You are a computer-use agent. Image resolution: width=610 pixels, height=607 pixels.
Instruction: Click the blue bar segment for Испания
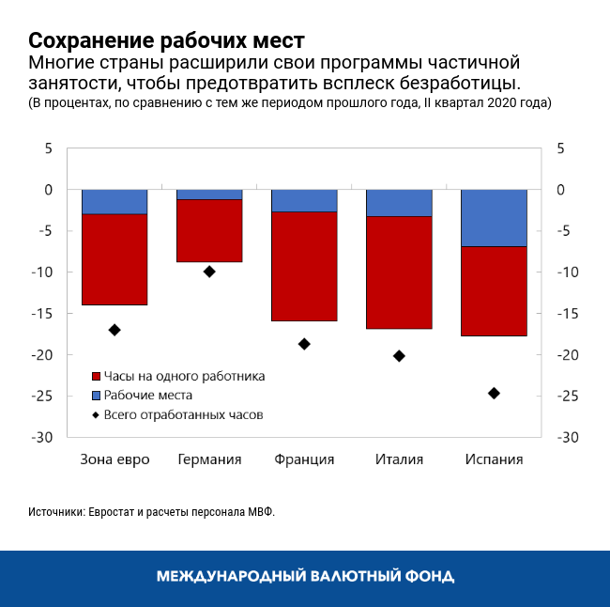[494, 218]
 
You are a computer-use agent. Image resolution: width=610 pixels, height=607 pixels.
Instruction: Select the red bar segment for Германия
[209, 231]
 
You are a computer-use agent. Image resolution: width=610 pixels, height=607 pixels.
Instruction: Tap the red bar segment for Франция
[304, 267]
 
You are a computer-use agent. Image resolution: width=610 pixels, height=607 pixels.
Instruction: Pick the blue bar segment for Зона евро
[114, 202]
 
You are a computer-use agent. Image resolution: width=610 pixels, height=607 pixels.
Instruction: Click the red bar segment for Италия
[399, 272]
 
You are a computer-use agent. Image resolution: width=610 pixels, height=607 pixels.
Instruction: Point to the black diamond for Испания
[494, 393]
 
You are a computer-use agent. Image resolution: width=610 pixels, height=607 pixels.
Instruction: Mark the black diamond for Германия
[209, 272]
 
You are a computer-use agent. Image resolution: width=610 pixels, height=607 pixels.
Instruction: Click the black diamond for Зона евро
[114, 330]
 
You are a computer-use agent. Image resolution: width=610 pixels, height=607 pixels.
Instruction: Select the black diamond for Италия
[399, 356]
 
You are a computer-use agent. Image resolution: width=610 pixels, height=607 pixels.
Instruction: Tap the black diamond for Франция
[304, 344]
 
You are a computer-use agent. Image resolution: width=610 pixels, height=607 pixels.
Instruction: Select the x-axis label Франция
[304, 459]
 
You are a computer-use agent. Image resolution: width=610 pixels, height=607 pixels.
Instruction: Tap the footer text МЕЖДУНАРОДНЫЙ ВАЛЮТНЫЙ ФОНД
[305, 575]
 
